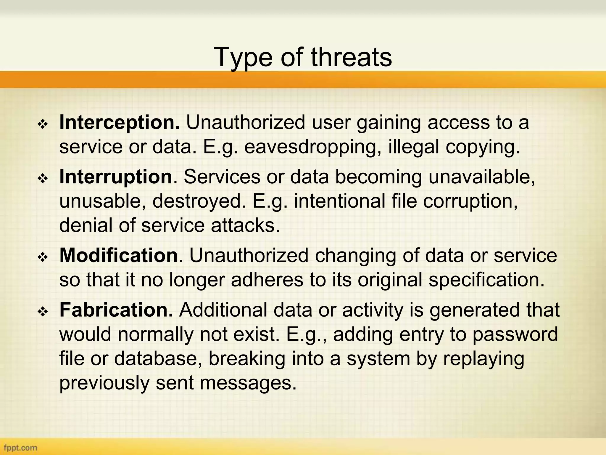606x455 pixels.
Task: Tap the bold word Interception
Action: pos(120,122)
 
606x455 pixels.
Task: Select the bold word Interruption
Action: pos(116,177)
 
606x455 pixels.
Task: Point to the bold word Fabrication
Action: pos(116,310)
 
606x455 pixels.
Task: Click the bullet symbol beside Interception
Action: pos(43,124)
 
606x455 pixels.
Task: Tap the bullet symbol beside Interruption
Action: pos(43,179)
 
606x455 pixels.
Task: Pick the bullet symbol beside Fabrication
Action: pos(43,312)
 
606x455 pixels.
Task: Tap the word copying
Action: pos(482,147)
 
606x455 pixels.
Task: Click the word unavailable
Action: pos(481,177)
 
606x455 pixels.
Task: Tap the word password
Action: pos(515,334)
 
